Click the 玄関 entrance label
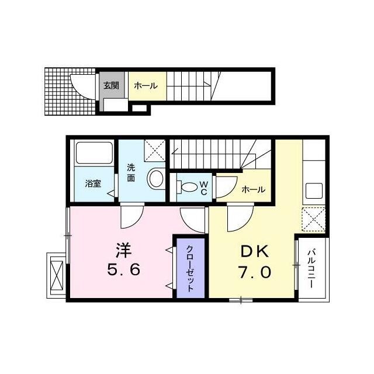click(x=111, y=86)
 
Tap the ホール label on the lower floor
click(x=146, y=86)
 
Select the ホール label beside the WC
click(x=253, y=190)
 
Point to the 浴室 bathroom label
click(x=93, y=183)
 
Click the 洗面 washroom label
click(x=131, y=173)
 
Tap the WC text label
click(x=204, y=188)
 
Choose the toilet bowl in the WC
click(x=187, y=187)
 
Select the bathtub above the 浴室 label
click(x=94, y=153)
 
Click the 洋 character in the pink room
click(x=124, y=250)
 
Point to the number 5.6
click(x=124, y=270)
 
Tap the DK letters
click(x=255, y=251)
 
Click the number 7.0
click(x=255, y=272)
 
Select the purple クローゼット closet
click(x=191, y=268)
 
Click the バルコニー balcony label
click(x=311, y=269)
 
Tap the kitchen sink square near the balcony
click(x=314, y=191)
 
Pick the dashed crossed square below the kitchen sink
click(x=314, y=219)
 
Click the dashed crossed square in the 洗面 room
click(x=155, y=151)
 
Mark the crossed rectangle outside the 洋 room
click(x=57, y=275)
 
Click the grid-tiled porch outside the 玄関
click(x=70, y=92)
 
